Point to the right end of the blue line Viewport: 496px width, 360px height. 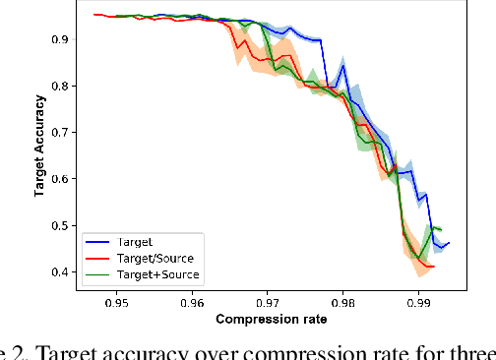click(x=449, y=242)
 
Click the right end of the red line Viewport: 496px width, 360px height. click(x=434, y=267)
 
